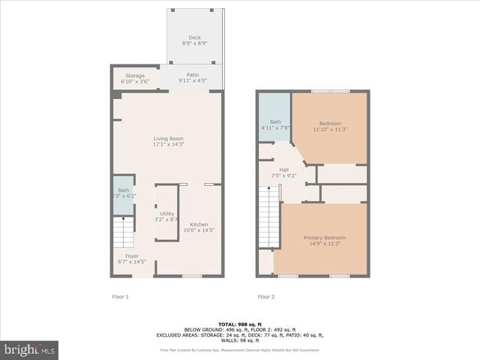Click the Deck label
click(194, 37)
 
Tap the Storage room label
click(135, 76)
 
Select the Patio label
click(193, 75)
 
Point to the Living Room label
click(169, 139)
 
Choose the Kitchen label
click(199, 225)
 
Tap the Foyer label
click(132, 256)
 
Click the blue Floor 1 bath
click(123, 195)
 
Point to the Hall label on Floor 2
click(284, 170)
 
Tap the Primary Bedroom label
click(325, 238)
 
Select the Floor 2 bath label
click(275, 122)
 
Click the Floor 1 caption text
click(120, 296)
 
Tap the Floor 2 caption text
click(265, 296)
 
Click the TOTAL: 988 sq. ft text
click(239, 323)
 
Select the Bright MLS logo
click(30, 349)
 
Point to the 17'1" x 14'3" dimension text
click(169, 144)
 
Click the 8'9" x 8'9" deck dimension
click(194, 43)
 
